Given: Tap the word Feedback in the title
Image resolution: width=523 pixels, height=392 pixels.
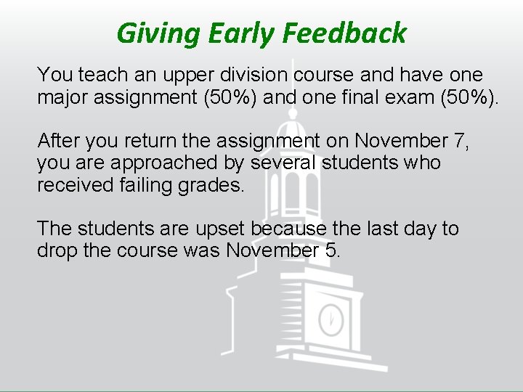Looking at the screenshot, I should point(344,33).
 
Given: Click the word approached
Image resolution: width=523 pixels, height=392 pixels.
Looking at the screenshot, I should point(157,163).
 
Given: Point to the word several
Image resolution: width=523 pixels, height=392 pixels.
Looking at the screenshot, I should point(275,163).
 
